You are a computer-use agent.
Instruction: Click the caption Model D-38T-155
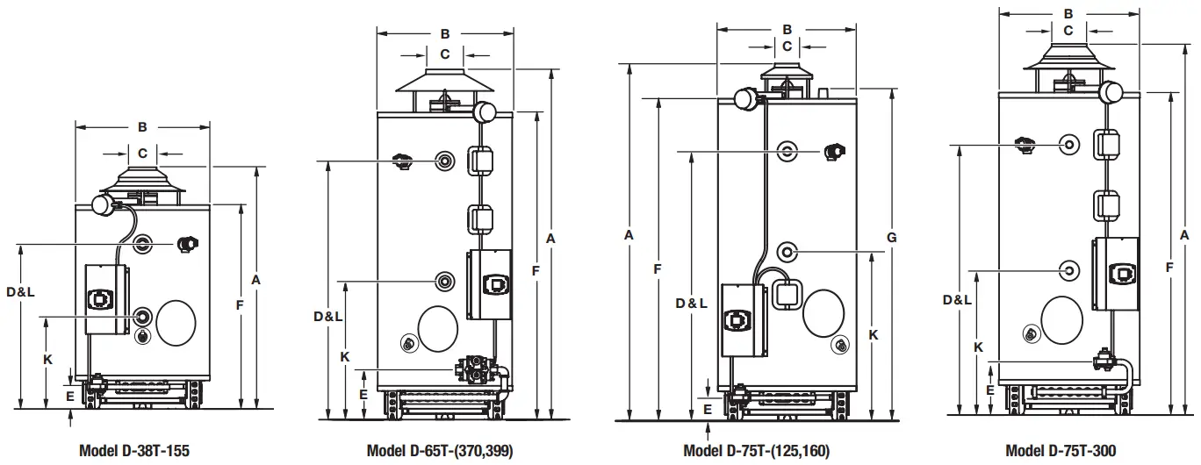click(x=133, y=451)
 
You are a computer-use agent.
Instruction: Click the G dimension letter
click(x=891, y=238)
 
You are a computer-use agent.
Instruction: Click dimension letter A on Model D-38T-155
click(x=256, y=280)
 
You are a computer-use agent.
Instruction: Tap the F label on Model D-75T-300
click(x=1169, y=266)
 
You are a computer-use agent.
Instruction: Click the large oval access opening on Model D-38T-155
click(x=176, y=324)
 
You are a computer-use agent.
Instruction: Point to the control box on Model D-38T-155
click(x=105, y=298)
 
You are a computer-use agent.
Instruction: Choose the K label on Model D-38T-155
click(x=48, y=360)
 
